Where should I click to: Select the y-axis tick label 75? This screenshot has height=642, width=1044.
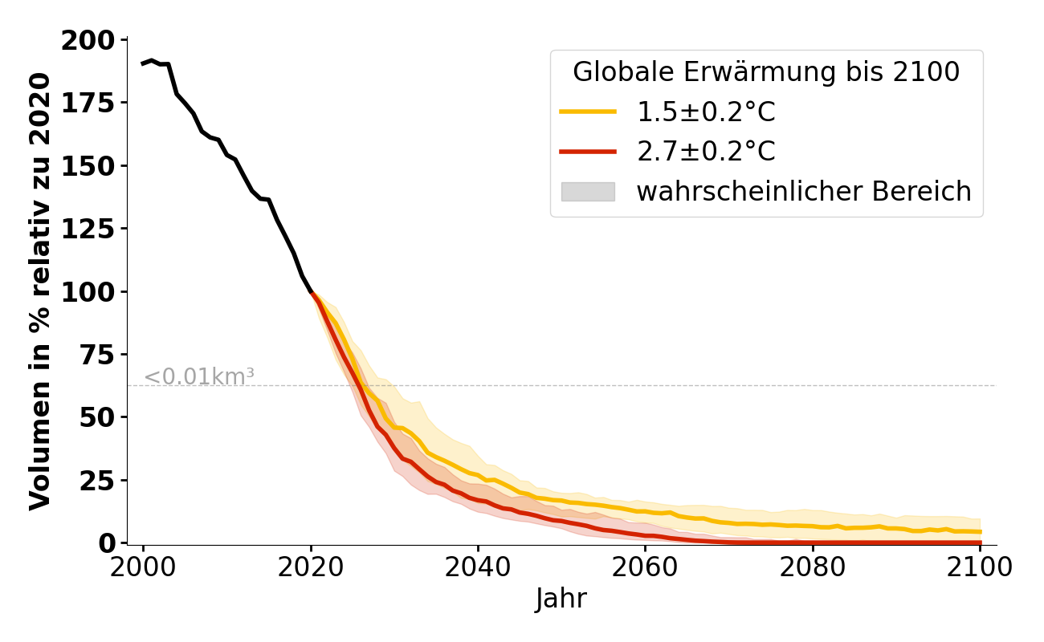(x=100, y=355)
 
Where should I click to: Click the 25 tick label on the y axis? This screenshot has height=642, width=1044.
(x=100, y=480)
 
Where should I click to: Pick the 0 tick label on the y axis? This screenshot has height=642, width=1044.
(x=108, y=543)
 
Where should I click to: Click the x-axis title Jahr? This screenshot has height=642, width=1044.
(x=561, y=599)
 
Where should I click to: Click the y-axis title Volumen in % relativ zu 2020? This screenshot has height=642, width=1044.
(x=40, y=291)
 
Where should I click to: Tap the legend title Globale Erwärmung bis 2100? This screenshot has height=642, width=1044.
(x=765, y=72)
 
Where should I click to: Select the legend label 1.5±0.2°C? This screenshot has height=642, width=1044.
(x=706, y=112)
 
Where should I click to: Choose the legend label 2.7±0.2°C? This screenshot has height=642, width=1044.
(x=706, y=152)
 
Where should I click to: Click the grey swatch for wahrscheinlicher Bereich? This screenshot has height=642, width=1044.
(x=588, y=192)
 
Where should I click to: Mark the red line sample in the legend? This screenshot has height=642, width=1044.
(x=588, y=152)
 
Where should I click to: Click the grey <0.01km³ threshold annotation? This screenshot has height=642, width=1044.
(x=199, y=376)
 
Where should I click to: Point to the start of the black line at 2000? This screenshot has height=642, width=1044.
(x=143, y=63)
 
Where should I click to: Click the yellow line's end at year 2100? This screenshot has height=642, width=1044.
(x=980, y=531)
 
